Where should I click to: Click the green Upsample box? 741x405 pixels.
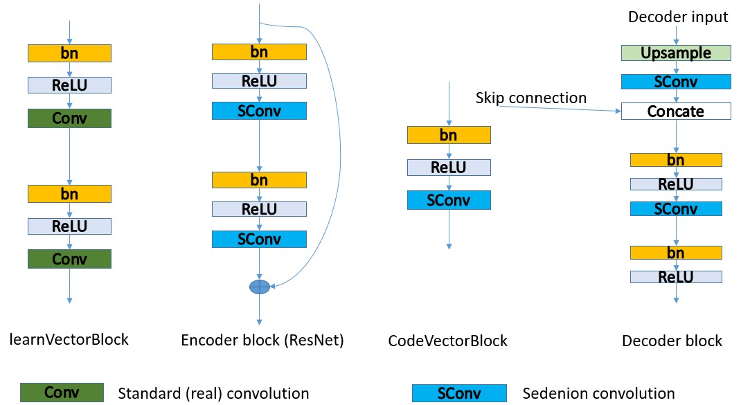tap(675, 53)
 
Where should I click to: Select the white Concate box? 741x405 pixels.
tap(675, 111)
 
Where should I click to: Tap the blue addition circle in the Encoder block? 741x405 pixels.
tap(259, 286)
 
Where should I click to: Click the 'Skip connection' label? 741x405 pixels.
tap(530, 98)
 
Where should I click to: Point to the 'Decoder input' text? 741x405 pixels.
tap(678, 17)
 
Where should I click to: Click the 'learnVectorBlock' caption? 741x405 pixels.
tap(69, 339)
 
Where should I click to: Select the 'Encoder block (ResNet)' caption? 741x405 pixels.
tap(262, 340)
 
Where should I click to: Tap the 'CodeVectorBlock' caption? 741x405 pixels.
tap(448, 341)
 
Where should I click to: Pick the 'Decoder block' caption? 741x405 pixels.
tap(672, 341)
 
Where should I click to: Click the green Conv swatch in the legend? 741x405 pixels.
tap(62, 393)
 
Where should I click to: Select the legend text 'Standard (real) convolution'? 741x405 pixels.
tap(214, 393)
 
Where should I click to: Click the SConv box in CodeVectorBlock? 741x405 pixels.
tap(449, 200)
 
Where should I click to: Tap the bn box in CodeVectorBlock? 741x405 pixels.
tap(449, 135)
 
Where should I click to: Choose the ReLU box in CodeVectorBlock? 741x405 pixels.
tap(449, 168)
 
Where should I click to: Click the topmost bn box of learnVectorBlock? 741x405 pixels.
tap(69, 53)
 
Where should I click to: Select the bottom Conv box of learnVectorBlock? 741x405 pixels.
tap(69, 259)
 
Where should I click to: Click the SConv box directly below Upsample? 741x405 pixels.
tap(675, 82)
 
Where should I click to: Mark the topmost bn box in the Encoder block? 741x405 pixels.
tap(259, 52)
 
